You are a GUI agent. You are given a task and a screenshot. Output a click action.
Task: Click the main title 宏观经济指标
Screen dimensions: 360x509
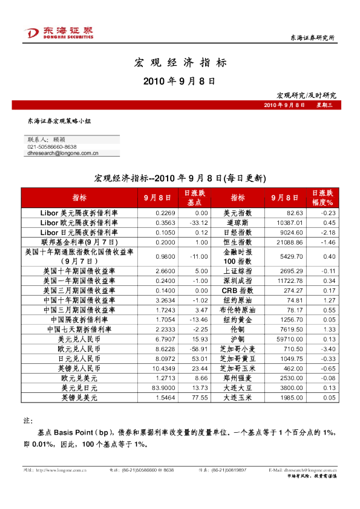(180, 62)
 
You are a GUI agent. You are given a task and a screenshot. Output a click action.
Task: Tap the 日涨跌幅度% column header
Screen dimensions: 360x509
(322, 197)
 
